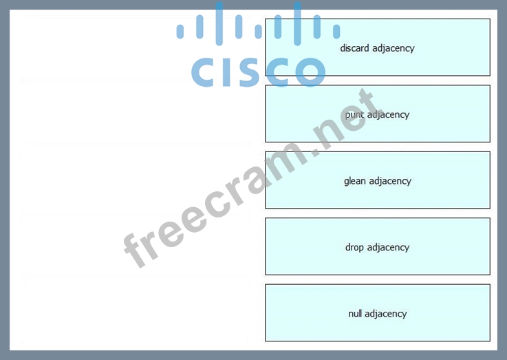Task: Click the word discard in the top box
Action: pyautogui.click(x=355, y=48)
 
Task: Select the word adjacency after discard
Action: pyautogui.click(x=393, y=48)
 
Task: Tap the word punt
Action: pyautogui.click(x=355, y=114)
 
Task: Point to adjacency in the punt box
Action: pyautogui.click(x=388, y=114)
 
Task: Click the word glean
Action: pyautogui.click(x=355, y=181)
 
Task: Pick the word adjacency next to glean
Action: pyautogui.click(x=390, y=181)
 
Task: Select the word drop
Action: pyautogui.click(x=354, y=247)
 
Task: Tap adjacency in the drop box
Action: pyautogui.click(x=388, y=247)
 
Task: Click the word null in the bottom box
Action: pyautogui.click(x=355, y=314)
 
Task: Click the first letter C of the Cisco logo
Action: pyautogui.click(x=205, y=72)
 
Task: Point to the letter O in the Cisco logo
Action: pyautogui.click(x=305, y=72)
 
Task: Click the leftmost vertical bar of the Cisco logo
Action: pyautogui.click(x=180, y=31)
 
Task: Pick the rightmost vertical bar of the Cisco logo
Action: pyautogui.click(x=336, y=31)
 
